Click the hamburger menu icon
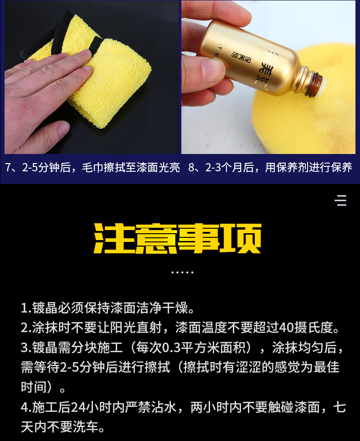[x=340, y=200]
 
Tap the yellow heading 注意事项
[x=177, y=239]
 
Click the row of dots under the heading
[x=182, y=272]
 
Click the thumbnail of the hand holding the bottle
[x=268, y=77]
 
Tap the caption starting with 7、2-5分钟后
[x=93, y=168]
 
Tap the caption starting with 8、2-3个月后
[x=270, y=168]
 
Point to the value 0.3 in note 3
[x=171, y=348]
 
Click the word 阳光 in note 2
[x=123, y=328]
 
